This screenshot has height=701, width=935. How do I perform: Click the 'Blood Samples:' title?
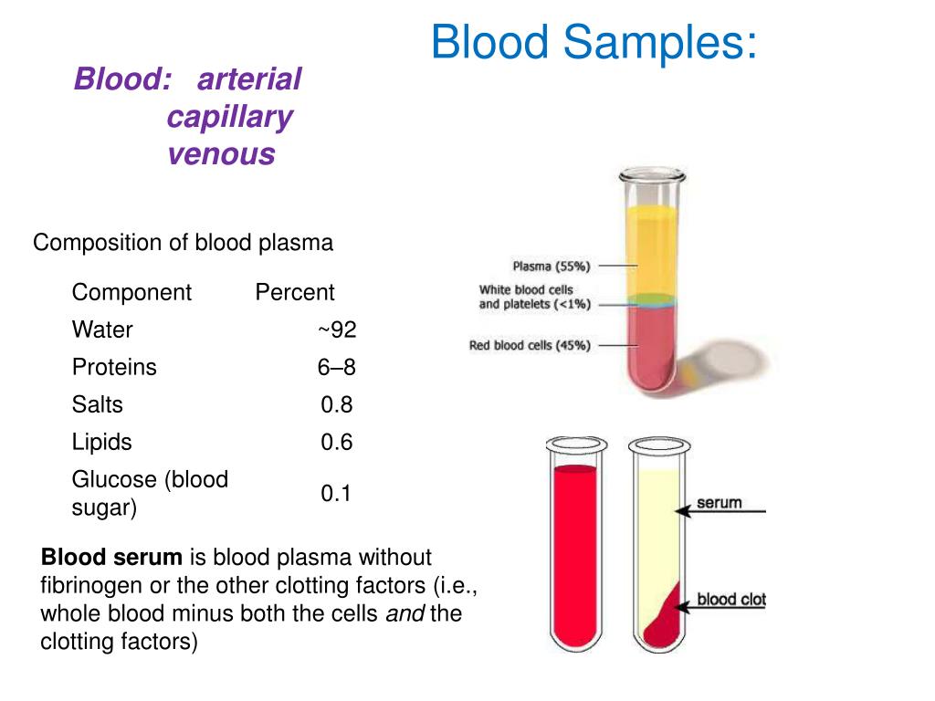pyautogui.click(x=594, y=43)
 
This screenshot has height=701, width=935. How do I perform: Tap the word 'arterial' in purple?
pyautogui.click(x=249, y=79)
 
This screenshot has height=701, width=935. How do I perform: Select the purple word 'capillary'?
pyautogui.click(x=229, y=118)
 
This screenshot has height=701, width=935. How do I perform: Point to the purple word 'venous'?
pyautogui.click(x=221, y=154)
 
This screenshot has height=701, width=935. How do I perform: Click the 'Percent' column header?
pyautogui.click(x=295, y=292)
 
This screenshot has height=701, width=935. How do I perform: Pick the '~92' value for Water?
pyautogui.click(x=338, y=330)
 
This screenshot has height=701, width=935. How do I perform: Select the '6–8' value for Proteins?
pyautogui.click(x=336, y=367)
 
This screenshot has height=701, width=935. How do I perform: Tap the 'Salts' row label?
pyautogui.click(x=97, y=404)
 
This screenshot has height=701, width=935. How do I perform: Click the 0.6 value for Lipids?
pyautogui.click(x=336, y=442)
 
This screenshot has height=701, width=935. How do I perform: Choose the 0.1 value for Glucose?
pyautogui.click(x=336, y=493)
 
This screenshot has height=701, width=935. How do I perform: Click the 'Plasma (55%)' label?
pyautogui.click(x=552, y=266)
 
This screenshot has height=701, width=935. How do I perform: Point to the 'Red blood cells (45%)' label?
pyautogui.click(x=530, y=345)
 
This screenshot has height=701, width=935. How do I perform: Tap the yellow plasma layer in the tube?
pyautogui.click(x=651, y=250)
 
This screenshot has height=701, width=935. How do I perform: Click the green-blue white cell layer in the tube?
pyautogui.click(x=651, y=300)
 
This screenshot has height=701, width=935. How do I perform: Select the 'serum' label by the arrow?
pyautogui.click(x=720, y=503)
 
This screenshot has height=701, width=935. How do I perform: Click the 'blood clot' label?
pyautogui.click(x=731, y=599)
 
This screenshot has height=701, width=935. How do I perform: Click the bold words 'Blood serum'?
pyautogui.click(x=111, y=557)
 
